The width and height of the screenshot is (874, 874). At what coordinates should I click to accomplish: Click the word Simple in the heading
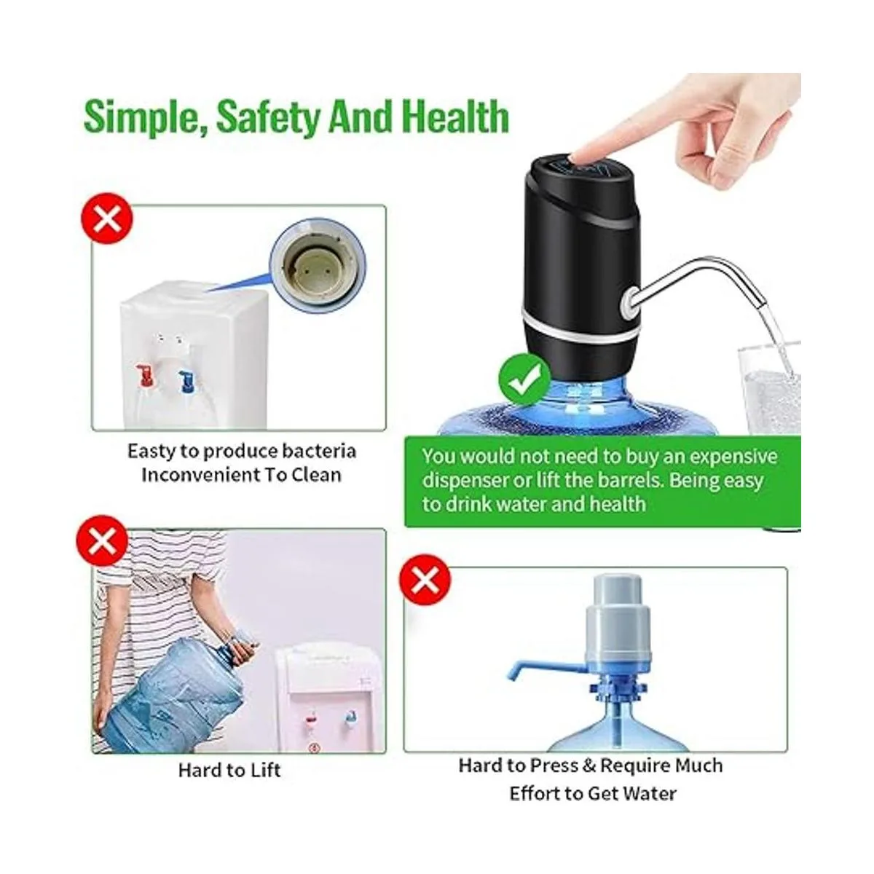(137, 117)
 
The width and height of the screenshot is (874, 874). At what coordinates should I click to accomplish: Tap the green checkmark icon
(524, 379)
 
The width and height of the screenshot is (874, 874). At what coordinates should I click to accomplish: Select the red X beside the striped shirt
(103, 541)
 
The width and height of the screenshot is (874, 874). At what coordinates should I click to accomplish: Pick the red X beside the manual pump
(426, 580)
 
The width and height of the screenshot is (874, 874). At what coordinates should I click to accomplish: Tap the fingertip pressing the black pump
(579, 156)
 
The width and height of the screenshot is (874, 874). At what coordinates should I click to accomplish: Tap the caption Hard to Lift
(229, 770)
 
